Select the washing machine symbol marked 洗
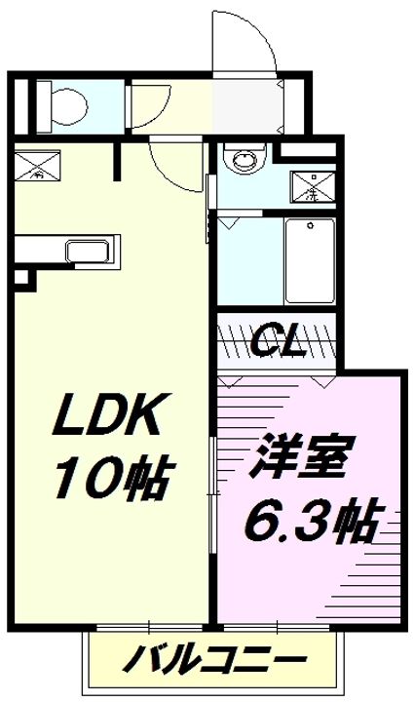(x=313, y=185)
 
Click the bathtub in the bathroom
(x=309, y=260)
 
